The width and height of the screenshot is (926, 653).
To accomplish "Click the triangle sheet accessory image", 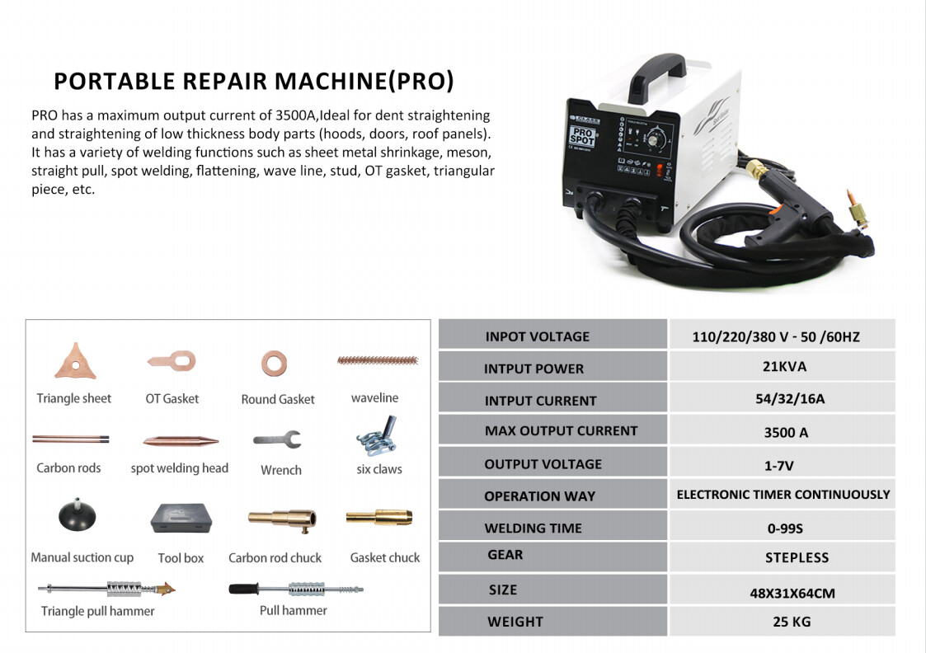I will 75,362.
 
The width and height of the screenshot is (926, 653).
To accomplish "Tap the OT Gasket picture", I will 172,361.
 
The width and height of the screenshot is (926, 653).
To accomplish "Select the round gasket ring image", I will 274,362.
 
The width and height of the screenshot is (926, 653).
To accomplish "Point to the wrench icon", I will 278,439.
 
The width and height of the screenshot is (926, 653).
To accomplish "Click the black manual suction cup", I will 77,516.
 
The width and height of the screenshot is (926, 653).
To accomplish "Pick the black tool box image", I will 181,517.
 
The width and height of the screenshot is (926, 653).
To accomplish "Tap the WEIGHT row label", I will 515,621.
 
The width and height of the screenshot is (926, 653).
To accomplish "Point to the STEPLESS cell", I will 796,557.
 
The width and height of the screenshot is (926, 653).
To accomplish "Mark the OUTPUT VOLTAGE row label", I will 543,464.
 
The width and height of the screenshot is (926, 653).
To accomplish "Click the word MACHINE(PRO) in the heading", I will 364,81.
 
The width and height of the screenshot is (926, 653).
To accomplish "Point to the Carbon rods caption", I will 68,467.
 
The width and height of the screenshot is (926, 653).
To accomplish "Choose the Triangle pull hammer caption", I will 98,611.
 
